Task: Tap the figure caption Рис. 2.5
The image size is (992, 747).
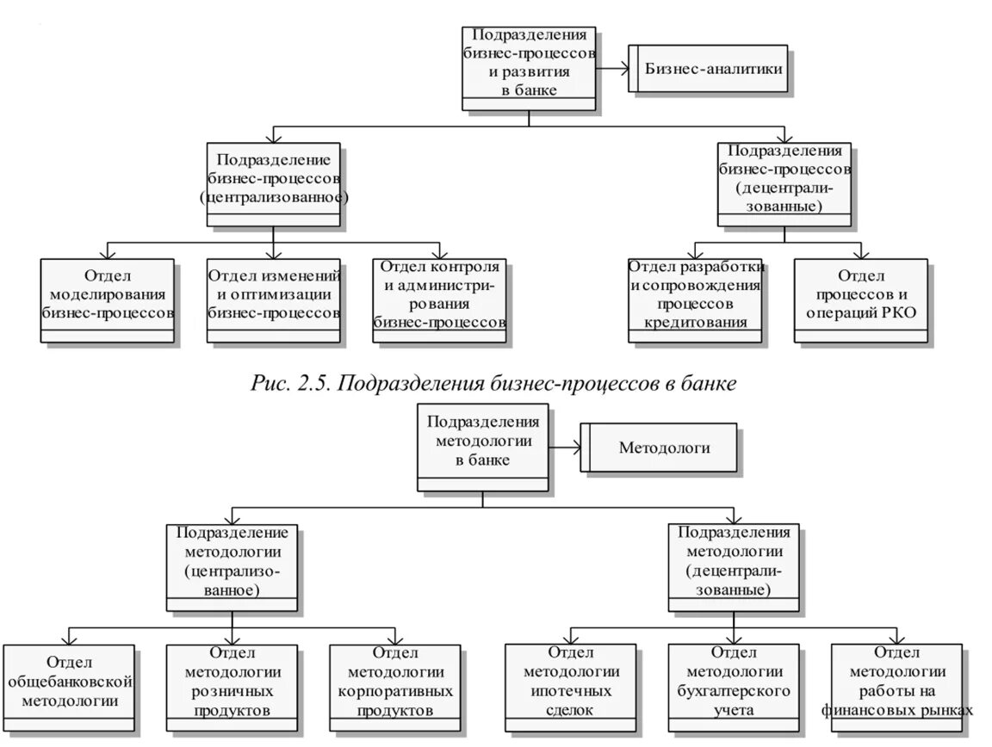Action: [x=493, y=384]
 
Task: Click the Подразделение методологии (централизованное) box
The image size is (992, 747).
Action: [x=232, y=565]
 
